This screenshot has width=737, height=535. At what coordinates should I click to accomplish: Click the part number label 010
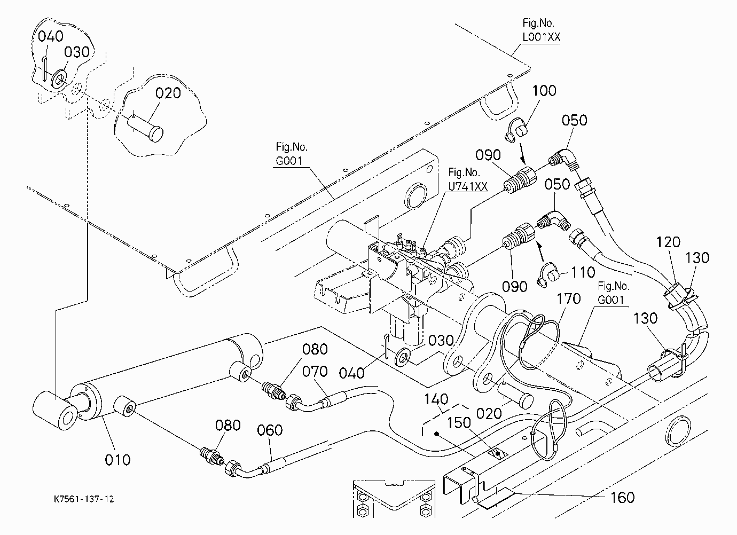point(117,460)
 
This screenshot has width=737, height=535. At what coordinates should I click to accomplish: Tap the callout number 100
point(544,90)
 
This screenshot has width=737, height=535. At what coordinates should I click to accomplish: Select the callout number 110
point(583,272)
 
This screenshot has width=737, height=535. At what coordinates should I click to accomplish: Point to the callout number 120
point(668,242)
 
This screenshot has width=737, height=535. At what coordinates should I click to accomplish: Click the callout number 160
point(623,498)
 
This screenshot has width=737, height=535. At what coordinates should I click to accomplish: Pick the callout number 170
point(569,299)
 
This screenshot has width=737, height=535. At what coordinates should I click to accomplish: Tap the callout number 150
point(459,423)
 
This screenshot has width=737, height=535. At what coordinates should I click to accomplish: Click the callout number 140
point(436,399)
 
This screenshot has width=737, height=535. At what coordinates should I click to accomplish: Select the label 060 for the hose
point(270,430)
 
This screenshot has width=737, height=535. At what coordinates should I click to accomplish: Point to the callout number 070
point(315,372)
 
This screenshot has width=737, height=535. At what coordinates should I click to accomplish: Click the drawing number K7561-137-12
point(84,499)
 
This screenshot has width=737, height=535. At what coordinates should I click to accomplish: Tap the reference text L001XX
point(541,37)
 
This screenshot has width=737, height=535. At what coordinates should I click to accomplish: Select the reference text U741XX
point(467,186)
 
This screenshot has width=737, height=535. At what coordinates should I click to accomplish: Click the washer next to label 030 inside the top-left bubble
point(59,80)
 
